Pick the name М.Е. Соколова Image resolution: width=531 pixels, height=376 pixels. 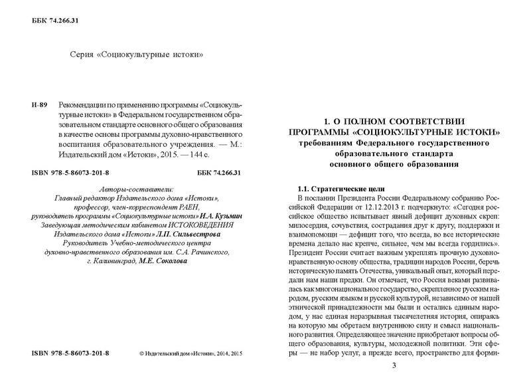pos(163,262)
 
